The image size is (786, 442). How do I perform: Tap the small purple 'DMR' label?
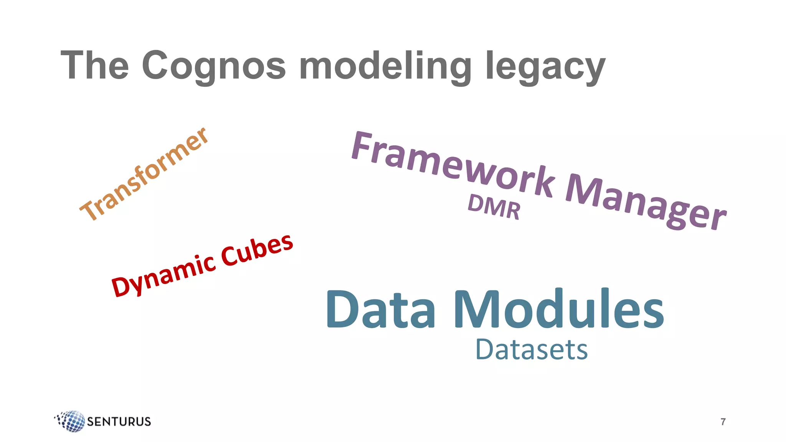[x=494, y=207]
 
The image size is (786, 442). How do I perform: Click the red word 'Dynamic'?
[x=163, y=275]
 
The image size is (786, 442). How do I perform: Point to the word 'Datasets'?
[x=532, y=350]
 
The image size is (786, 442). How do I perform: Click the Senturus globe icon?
[x=71, y=421]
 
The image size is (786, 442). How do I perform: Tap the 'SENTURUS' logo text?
[x=119, y=422]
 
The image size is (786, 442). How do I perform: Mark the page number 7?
[x=723, y=422]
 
